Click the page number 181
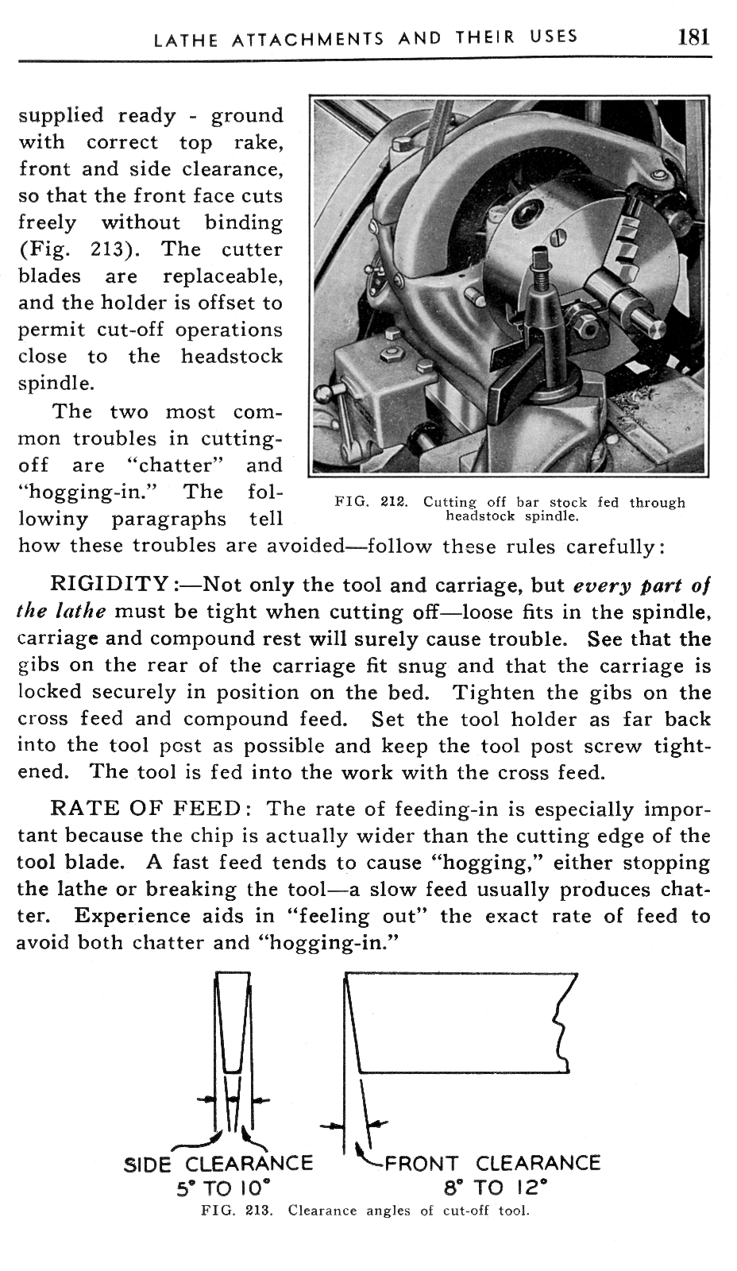(693, 37)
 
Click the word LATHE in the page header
(185, 38)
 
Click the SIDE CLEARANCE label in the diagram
(219, 1164)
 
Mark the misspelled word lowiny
(55, 519)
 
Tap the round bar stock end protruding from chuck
(656, 327)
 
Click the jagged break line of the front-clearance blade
(565, 1025)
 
